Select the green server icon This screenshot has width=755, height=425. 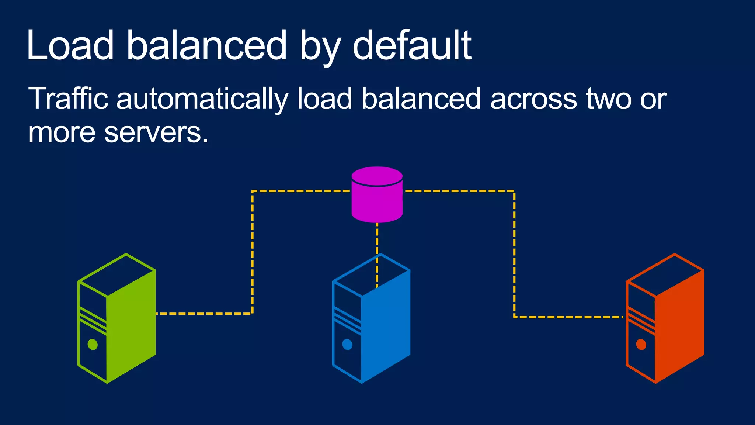(116, 318)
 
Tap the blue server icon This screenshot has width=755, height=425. (371, 318)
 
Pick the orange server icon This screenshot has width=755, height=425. (665, 318)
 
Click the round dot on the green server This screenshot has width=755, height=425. (93, 345)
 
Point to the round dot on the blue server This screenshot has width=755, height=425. (347, 345)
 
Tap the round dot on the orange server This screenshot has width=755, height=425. (641, 345)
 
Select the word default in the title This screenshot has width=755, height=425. (412, 45)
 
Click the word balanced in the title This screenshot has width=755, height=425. (206, 45)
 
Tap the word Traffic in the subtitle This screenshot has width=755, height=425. (68, 99)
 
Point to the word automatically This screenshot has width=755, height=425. (202, 99)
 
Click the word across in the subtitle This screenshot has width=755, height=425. (533, 99)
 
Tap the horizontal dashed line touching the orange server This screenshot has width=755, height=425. (568, 317)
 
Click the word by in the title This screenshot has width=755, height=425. (320, 45)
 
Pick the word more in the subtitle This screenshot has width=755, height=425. (62, 132)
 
